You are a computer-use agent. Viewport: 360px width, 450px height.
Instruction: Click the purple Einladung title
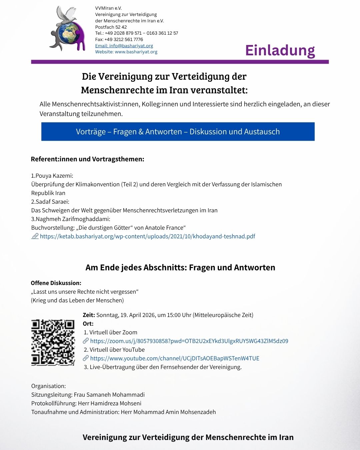coord(280,50)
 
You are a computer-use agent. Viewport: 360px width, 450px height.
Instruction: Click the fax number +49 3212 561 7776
coord(124,39)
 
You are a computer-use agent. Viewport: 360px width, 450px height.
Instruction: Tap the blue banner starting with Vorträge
coord(178,132)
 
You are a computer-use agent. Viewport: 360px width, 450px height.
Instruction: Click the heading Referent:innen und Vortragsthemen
coord(87,159)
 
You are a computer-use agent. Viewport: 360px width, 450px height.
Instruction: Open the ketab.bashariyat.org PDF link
coord(147,236)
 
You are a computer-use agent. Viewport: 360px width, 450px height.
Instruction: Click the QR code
coord(53,342)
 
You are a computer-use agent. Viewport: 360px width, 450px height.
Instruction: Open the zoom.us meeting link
coord(189,341)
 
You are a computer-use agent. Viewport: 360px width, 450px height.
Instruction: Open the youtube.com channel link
coord(175,358)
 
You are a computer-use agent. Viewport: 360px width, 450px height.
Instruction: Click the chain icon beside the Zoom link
coord(86,341)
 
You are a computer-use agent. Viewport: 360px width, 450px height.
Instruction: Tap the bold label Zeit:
coord(89,315)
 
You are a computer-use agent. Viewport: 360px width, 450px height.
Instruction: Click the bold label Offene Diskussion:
coord(56,283)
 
